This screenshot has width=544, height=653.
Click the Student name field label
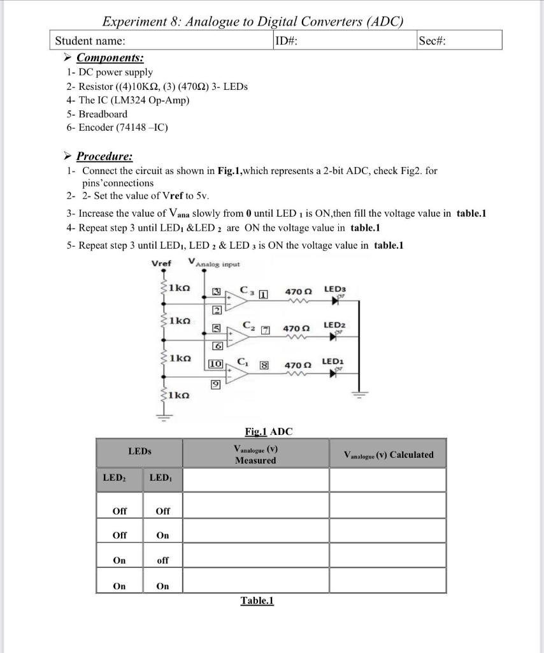point(90,41)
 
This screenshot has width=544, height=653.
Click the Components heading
point(105,58)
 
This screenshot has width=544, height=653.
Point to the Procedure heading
point(104,156)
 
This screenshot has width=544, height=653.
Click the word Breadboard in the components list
point(103,114)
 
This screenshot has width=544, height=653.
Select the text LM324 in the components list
point(131,100)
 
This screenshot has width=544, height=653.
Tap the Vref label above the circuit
point(161,263)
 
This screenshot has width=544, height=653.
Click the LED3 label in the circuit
point(334,289)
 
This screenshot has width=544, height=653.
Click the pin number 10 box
point(215,363)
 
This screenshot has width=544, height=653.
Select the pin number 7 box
point(266,330)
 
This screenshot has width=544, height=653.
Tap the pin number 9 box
point(215,385)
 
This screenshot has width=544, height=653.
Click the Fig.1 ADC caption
point(268,432)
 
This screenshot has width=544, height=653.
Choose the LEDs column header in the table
point(140,451)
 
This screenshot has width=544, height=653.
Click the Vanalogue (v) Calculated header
point(388,455)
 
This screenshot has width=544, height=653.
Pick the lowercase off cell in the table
point(162,561)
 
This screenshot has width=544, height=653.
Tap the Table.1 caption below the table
point(257,601)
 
